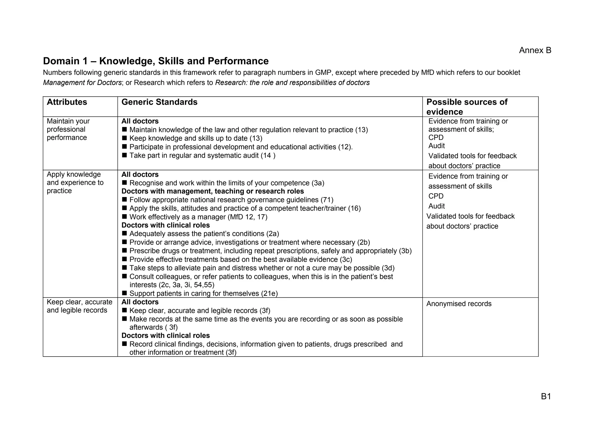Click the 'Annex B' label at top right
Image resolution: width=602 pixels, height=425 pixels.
coord(535,51)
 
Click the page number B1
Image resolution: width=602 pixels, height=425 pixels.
coord(546,397)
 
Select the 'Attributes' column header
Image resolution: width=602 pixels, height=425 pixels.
coord(67,102)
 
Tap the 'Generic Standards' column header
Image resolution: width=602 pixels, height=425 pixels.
coord(159,102)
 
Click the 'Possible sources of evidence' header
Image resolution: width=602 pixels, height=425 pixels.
coord(467,107)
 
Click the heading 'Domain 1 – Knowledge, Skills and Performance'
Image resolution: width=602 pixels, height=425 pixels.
coord(156,61)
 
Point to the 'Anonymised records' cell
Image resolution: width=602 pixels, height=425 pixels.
coord(459,304)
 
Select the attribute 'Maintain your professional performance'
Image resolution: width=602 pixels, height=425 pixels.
coord(68,130)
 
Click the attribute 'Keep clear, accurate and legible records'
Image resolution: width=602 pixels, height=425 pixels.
coord(79,306)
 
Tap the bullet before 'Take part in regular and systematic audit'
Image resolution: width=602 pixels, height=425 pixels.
coord(124,155)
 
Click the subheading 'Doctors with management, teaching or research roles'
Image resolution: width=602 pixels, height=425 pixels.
coord(213,191)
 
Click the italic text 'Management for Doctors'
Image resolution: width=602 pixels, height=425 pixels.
coord(82,83)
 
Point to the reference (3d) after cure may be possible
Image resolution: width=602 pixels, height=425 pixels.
coord(388,268)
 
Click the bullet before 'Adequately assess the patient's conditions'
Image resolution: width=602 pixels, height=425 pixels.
coord(124,234)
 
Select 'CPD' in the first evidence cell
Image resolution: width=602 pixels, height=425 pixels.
coord(436,138)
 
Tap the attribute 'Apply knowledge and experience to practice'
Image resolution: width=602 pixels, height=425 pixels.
coord(75,183)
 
